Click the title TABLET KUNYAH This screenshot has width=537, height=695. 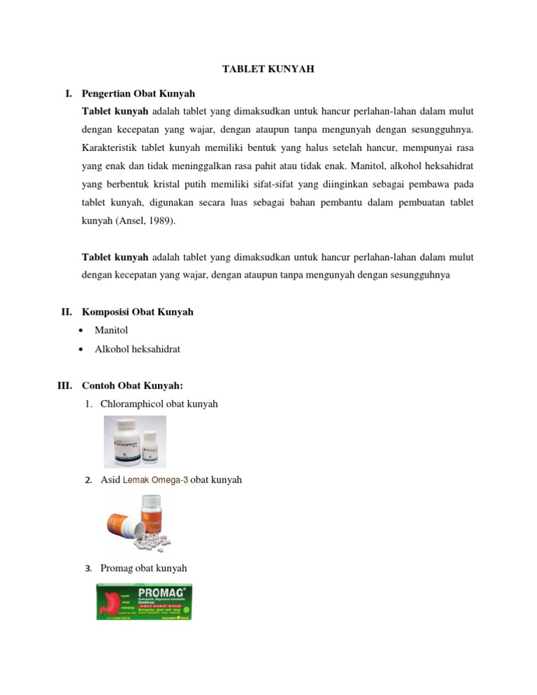[268, 69]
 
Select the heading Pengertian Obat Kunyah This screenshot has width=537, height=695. [138, 93]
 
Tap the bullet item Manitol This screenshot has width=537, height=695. [111, 330]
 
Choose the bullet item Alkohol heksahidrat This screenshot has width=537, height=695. [137, 348]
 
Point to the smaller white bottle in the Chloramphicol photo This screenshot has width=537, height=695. [151, 447]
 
